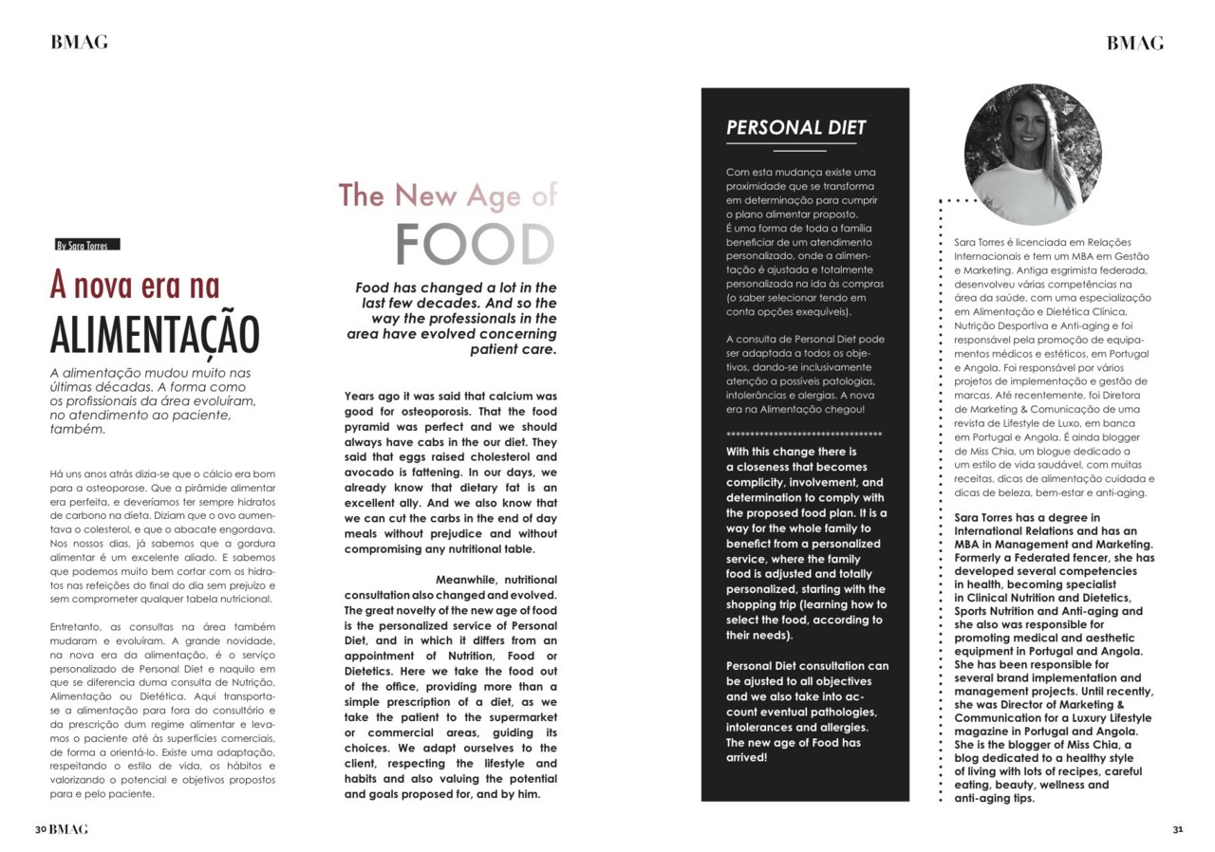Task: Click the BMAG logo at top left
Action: click(79, 42)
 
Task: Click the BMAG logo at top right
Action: click(1134, 43)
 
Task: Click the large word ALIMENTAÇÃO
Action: click(154, 335)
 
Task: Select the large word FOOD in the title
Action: click(475, 245)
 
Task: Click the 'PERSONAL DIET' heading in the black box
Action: click(795, 128)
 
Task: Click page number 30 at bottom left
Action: click(41, 828)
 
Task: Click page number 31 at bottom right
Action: click(1177, 828)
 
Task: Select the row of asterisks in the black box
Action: click(803, 435)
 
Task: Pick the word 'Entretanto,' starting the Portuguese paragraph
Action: click(81, 627)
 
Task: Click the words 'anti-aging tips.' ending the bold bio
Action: click(994, 799)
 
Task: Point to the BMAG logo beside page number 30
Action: click(68, 828)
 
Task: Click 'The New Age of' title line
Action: click(447, 195)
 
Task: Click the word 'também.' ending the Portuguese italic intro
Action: click(77, 429)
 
